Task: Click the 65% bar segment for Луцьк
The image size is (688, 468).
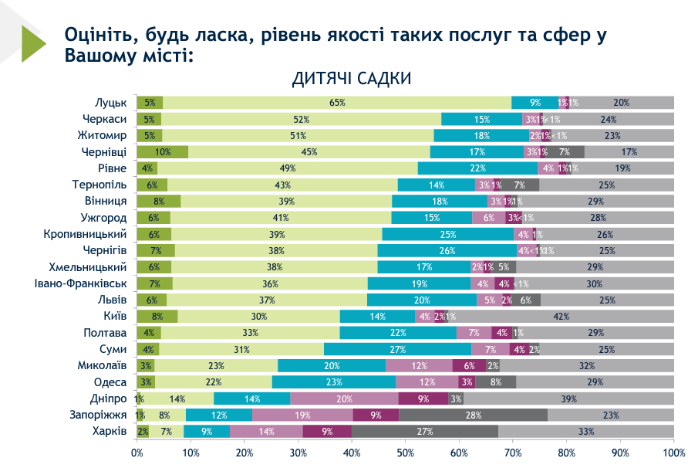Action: pyautogui.click(x=337, y=102)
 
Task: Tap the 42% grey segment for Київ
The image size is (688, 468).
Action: pyautogui.click(x=561, y=316)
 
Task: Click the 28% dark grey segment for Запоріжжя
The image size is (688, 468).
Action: pyautogui.click(x=473, y=415)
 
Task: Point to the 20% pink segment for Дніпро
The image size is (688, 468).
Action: pyautogui.click(x=344, y=398)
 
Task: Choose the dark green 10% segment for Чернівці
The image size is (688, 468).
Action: pyautogui.click(x=163, y=151)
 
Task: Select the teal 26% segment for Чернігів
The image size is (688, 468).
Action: pyautogui.click(x=447, y=250)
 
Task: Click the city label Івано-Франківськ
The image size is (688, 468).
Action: pyautogui.click(x=83, y=283)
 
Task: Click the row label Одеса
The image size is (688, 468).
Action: pyautogui.click(x=110, y=382)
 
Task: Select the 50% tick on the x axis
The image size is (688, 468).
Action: pyautogui.click(x=406, y=452)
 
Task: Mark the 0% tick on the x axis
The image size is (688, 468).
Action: pyautogui.click(x=137, y=452)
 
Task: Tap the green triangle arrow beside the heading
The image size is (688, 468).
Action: pyautogui.click(x=33, y=43)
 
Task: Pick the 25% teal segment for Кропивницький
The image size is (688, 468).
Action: pyautogui.click(x=448, y=234)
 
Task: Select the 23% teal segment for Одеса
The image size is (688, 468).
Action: pyautogui.click(x=334, y=382)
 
